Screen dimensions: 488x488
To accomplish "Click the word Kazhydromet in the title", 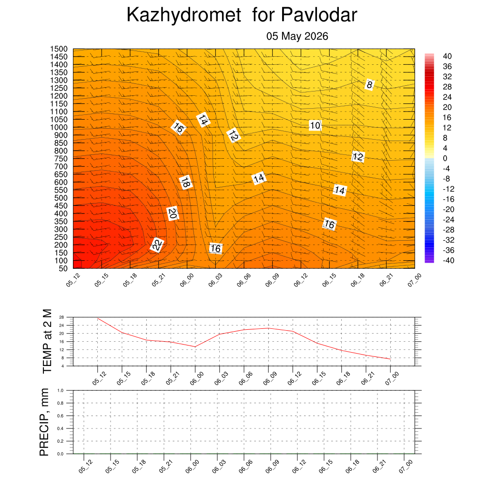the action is click(x=183, y=15).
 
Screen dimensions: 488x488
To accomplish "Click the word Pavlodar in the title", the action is click(x=319, y=14).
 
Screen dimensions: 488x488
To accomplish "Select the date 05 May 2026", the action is click(x=297, y=36).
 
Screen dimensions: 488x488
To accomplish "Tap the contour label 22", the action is click(x=157, y=244).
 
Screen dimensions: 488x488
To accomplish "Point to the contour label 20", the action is click(x=173, y=213).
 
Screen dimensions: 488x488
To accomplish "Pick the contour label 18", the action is click(x=185, y=182).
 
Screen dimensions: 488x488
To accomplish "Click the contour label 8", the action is click(x=369, y=85).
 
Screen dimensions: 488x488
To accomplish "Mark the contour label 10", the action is click(x=315, y=125).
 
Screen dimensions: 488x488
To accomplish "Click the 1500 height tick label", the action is click(x=59, y=49).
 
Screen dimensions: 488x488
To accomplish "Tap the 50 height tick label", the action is click(x=63, y=268).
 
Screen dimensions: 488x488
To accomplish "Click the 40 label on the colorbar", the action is click(x=447, y=56).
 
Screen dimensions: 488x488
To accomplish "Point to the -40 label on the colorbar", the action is click(x=448, y=260).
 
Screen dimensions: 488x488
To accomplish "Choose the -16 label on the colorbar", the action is click(x=448, y=199).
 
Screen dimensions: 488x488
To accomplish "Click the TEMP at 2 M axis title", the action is click(x=47, y=341).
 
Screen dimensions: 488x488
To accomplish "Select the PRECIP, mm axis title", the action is click(x=44, y=422).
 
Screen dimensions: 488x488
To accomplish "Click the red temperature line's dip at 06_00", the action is click(x=195, y=347).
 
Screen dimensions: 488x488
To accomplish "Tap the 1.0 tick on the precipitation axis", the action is click(x=61, y=390).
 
